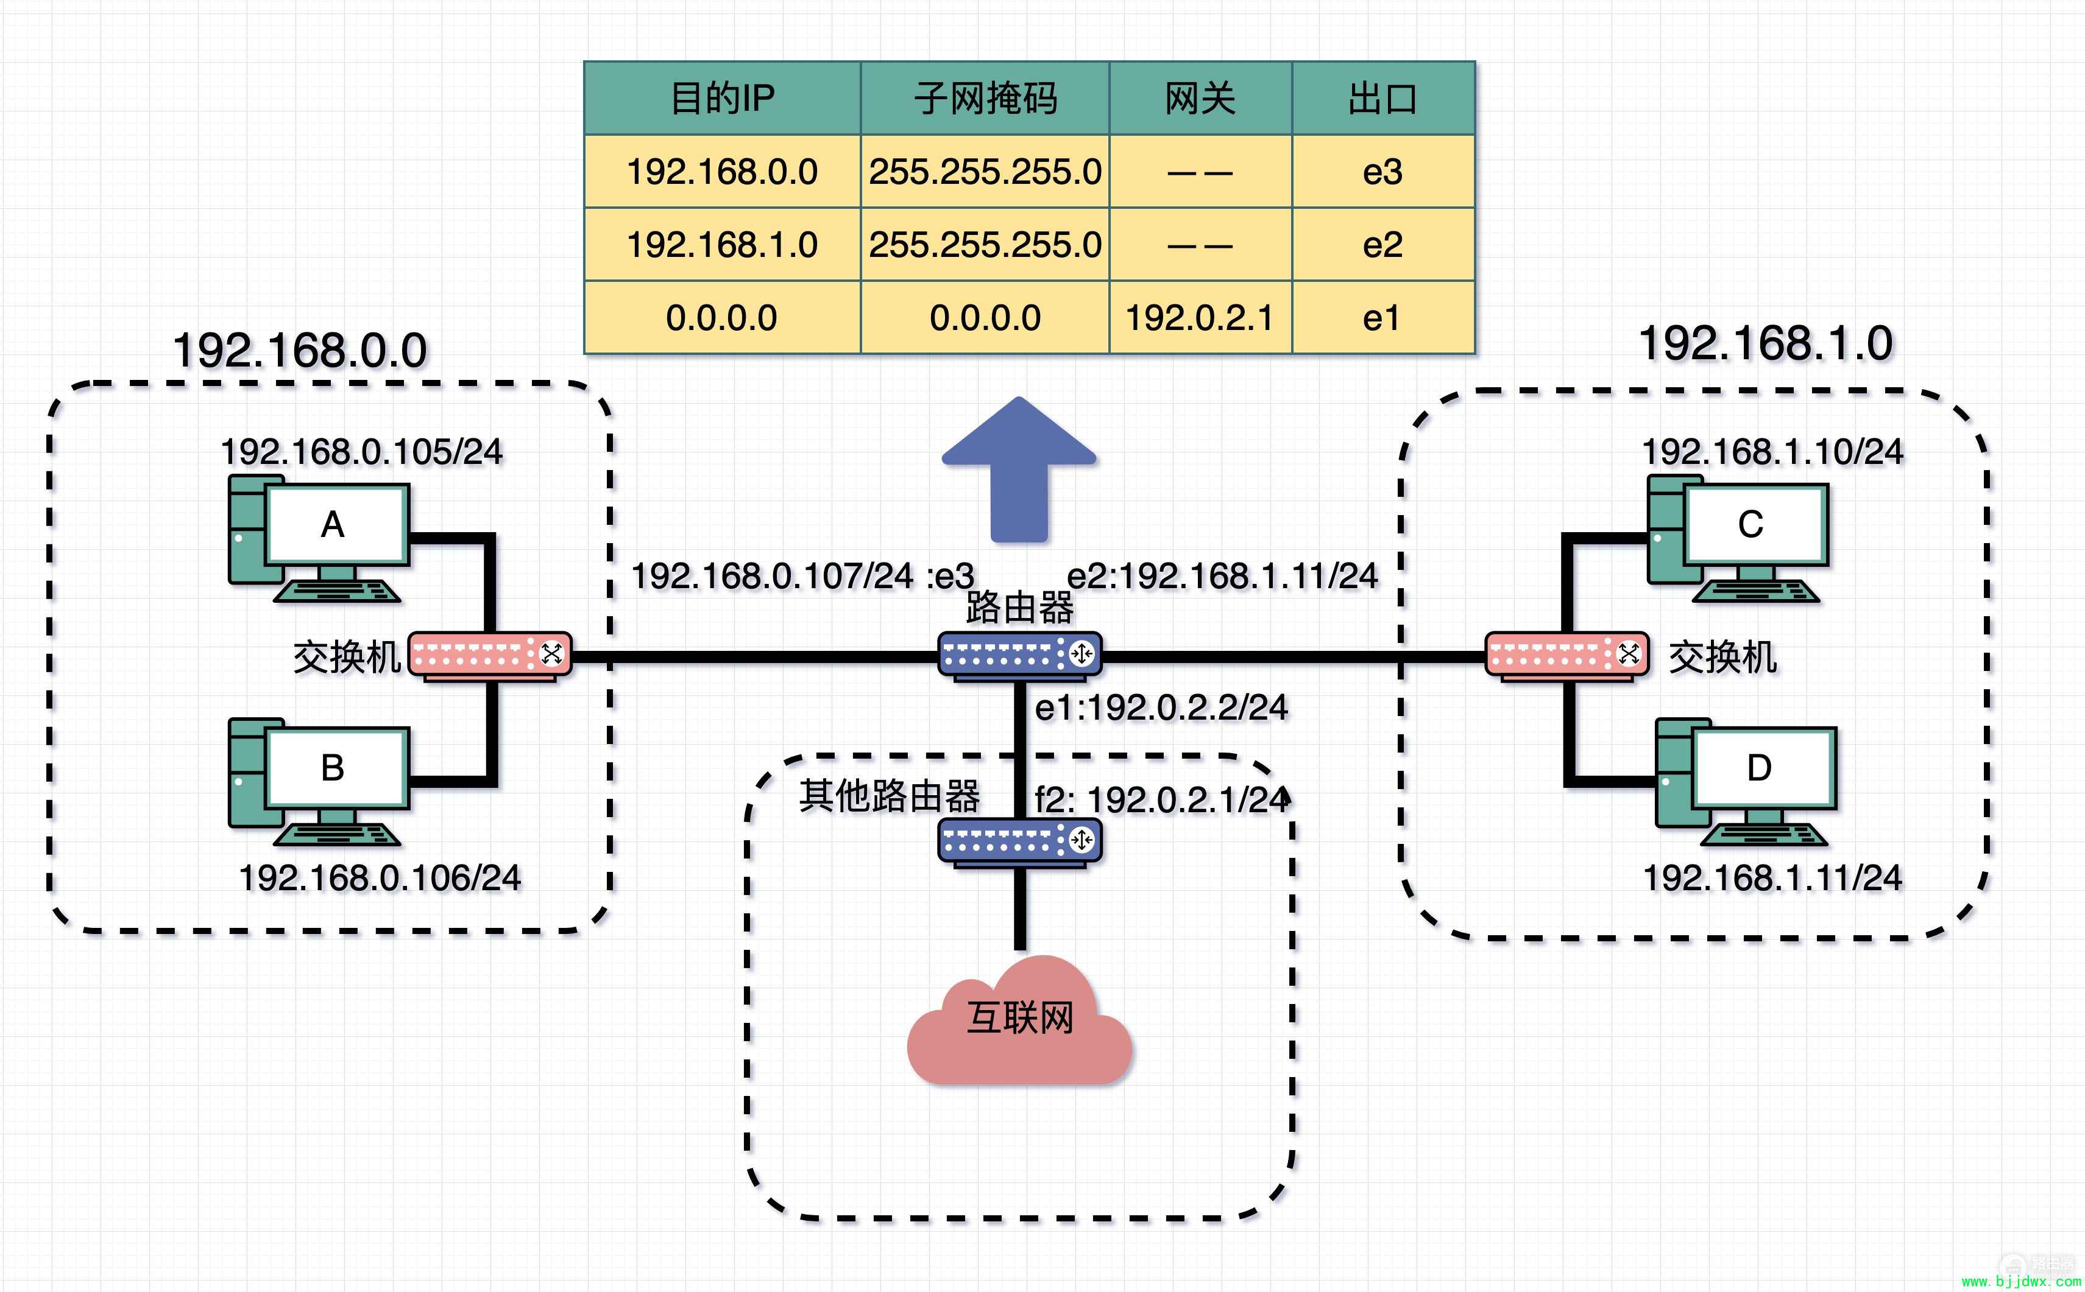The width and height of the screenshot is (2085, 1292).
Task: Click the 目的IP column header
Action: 723,98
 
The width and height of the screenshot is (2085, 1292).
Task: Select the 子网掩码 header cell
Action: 985,98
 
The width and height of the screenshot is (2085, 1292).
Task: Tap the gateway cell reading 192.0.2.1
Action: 1200,318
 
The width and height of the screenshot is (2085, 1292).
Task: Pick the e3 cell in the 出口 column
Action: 1383,172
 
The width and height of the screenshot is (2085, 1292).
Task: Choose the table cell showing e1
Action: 1383,318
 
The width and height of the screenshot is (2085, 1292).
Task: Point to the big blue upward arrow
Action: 1019,468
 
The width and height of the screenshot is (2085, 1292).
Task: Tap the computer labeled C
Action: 1738,538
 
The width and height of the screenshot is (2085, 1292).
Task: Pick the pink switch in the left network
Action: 490,656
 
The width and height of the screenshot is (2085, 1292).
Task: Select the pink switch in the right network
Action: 1567,656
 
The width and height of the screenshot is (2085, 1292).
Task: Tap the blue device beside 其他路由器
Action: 1020,841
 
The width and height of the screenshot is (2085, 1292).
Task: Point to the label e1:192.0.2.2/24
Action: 1161,707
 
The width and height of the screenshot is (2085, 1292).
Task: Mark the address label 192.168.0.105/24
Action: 361,452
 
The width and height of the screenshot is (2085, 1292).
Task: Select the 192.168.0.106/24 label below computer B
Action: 380,877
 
